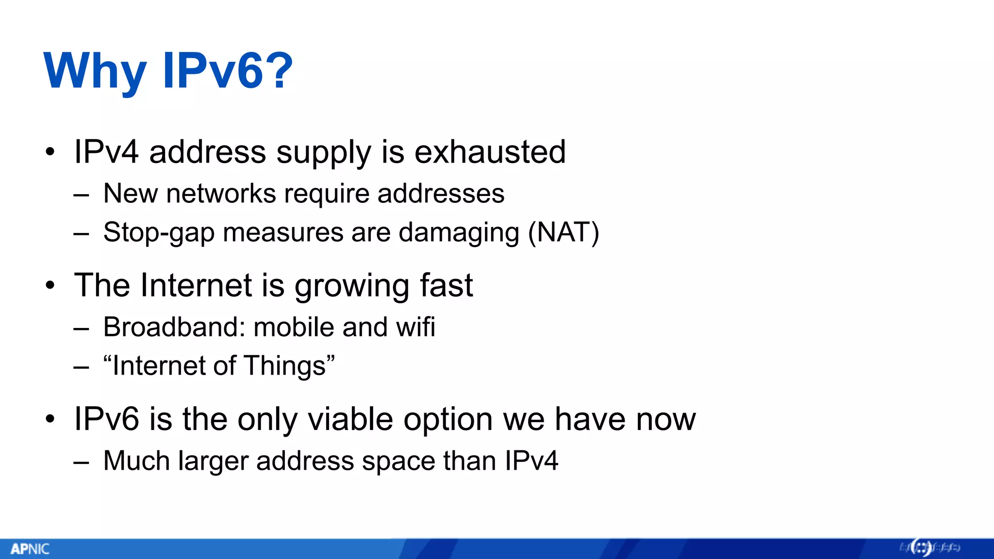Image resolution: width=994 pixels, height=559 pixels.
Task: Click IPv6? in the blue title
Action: coord(228,71)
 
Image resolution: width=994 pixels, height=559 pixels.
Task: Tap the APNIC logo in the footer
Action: coord(30,549)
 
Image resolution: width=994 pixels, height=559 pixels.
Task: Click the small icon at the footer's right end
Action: coord(921,548)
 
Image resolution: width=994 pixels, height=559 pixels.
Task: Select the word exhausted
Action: coord(490,152)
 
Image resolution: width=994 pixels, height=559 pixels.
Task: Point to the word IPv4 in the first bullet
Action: coord(106,152)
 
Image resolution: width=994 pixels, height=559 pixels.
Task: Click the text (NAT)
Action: coord(563,232)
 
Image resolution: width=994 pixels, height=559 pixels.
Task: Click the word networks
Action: coord(221,194)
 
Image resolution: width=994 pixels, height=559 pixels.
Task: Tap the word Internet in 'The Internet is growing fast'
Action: coord(197,285)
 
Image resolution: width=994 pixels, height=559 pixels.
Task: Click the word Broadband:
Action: coord(174,327)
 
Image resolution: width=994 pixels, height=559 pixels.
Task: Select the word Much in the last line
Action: coord(136,460)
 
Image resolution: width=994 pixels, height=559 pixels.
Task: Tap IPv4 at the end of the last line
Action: coord(531,460)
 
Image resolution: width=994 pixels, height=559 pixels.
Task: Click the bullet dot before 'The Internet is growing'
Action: coord(50,286)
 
